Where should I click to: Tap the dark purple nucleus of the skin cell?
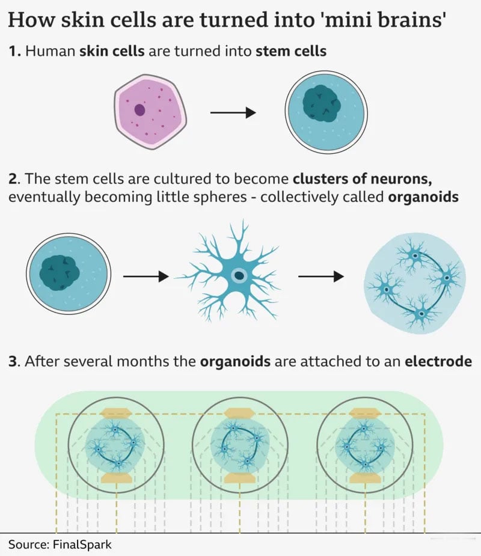click(x=139, y=110)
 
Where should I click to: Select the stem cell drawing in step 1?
click(x=326, y=113)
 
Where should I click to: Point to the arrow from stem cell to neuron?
click(x=145, y=276)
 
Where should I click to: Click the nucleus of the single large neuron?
click(x=239, y=276)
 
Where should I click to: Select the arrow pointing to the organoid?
click(x=321, y=276)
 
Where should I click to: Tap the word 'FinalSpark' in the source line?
click(x=82, y=545)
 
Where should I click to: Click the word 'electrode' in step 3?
click(x=438, y=362)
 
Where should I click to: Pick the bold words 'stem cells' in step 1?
click(x=291, y=51)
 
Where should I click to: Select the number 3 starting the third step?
click(x=12, y=362)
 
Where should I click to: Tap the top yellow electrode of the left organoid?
click(x=116, y=413)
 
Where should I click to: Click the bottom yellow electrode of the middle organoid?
click(x=239, y=478)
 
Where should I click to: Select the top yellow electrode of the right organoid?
click(x=364, y=413)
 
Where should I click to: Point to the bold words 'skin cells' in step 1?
click(x=112, y=51)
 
